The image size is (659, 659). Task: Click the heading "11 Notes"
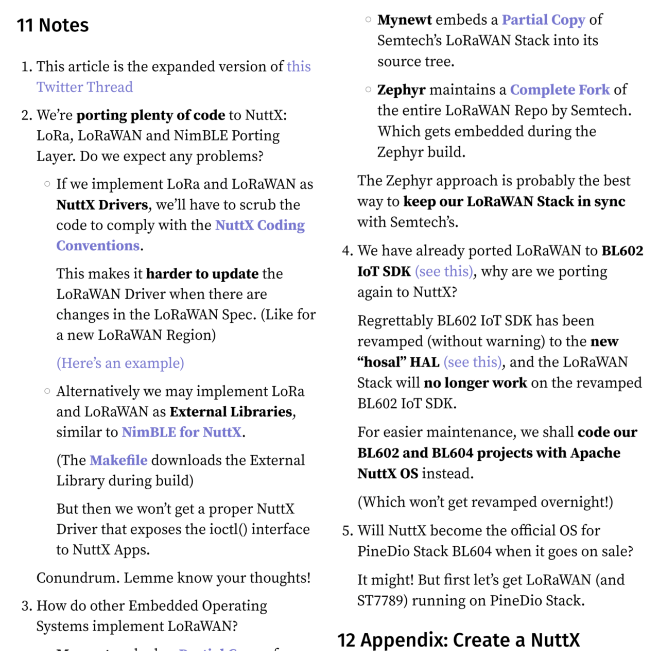click(53, 25)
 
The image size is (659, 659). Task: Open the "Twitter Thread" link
click(84, 87)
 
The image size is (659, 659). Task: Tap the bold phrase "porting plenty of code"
click(151, 115)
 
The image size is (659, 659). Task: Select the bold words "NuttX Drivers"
click(102, 205)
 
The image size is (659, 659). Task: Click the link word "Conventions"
click(98, 246)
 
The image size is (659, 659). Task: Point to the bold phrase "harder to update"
click(202, 273)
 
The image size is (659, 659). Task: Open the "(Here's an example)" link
click(120, 363)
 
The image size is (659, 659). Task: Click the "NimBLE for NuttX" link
click(181, 432)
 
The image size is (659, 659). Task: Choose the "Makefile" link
click(118, 460)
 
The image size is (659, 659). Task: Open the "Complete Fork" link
click(560, 90)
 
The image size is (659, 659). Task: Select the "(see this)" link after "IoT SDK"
click(444, 271)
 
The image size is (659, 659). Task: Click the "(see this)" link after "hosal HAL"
click(472, 362)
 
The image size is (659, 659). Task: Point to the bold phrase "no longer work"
click(475, 383)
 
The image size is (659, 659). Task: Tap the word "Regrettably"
click(395, 321)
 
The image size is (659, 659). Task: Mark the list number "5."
click(348, 530)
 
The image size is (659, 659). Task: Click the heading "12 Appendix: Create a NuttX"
click(458, 640)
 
